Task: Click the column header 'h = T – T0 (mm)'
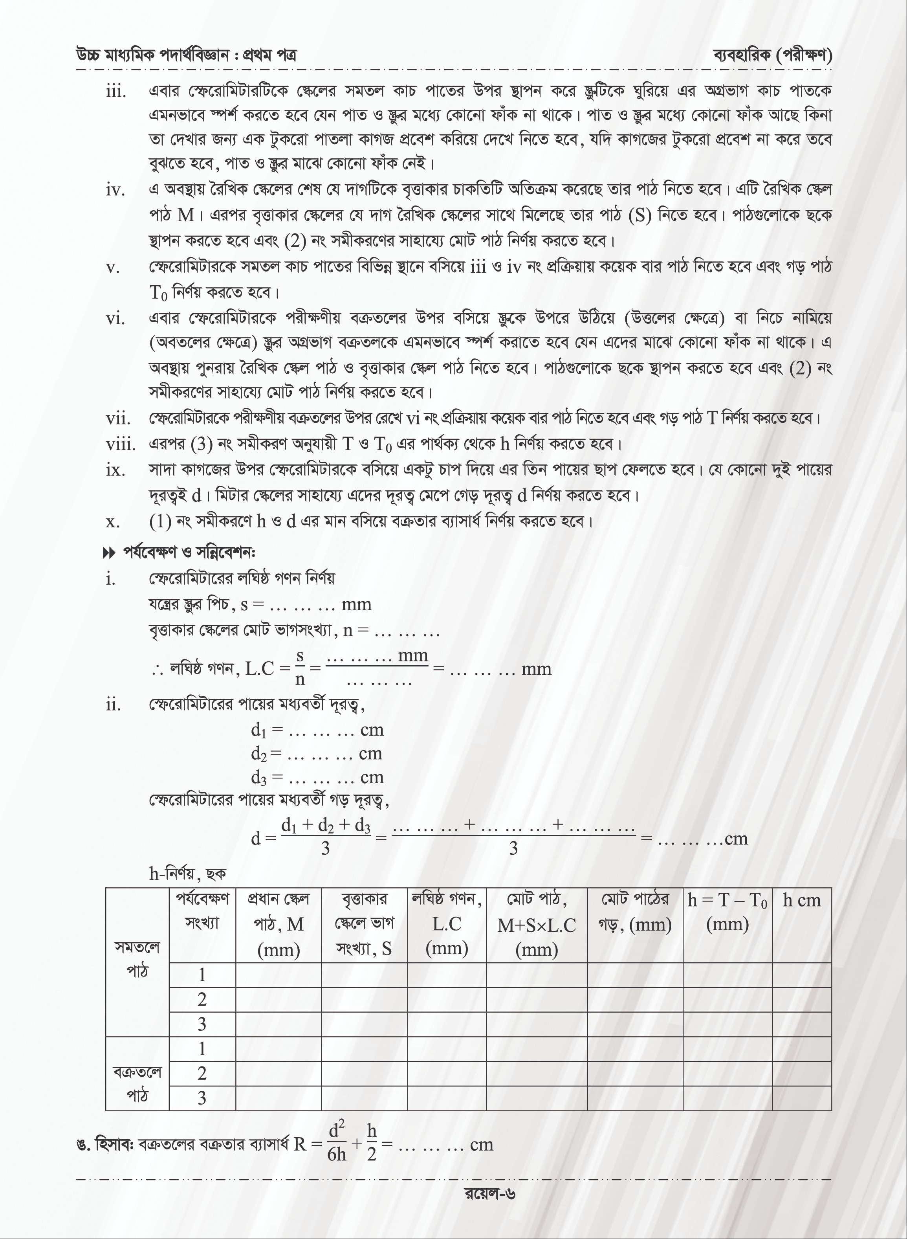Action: click(727, 912)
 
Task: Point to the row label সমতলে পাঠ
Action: click(137, 958)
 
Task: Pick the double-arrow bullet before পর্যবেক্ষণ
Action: click(109, 553)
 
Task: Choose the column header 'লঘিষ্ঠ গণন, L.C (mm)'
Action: click(446, 924)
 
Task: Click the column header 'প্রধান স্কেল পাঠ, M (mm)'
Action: click(279, 924)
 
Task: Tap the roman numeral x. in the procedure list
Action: click(113, 521)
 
